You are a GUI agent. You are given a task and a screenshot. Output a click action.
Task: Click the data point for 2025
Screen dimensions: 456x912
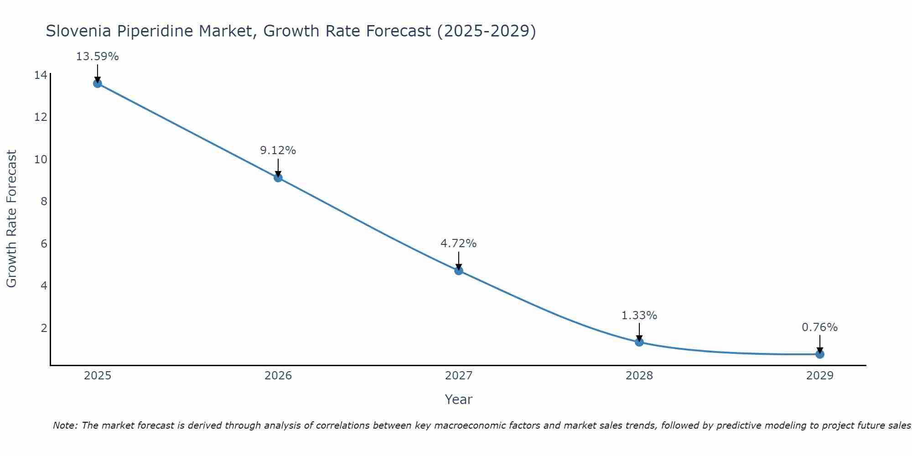pos(97,83)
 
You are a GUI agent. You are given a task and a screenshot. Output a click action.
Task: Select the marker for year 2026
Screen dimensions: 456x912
pos(278,178)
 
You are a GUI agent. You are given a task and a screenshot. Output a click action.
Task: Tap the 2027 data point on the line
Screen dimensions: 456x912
pos(459,271)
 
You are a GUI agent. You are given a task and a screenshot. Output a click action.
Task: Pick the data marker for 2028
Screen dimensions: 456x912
pos(639,342)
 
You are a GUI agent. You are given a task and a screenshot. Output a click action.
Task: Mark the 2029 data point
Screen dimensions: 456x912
pos(820,354)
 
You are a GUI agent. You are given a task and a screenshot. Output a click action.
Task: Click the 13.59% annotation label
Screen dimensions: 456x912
pos(97,57)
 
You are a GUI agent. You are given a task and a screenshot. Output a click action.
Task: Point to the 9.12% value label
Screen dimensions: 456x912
pos(278,150)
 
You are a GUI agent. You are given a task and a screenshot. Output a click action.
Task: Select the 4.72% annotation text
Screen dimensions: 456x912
pos(459,244)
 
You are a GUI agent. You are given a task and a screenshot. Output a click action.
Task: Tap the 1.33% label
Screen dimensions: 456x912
pos(639,316)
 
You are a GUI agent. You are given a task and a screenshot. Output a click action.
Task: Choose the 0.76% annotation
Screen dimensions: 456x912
pos(820,327)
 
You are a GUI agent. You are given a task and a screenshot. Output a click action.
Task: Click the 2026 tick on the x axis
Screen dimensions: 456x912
pos(278,376)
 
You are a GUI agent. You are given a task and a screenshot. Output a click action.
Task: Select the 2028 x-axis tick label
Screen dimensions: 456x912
pos(639,376)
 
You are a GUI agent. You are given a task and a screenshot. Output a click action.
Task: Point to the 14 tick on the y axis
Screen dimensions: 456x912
pos(41,75)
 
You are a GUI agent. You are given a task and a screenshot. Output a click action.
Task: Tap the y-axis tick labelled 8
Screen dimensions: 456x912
pos(44,202)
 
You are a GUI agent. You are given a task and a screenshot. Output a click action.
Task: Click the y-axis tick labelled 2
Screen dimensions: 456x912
pos(44,328)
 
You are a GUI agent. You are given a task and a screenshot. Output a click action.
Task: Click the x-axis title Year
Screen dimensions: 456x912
pos(459,399)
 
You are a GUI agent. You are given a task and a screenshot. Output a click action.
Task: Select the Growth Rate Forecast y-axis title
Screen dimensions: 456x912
pos(11,219)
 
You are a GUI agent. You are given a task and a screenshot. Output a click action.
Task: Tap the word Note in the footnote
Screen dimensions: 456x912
pos(65,425)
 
